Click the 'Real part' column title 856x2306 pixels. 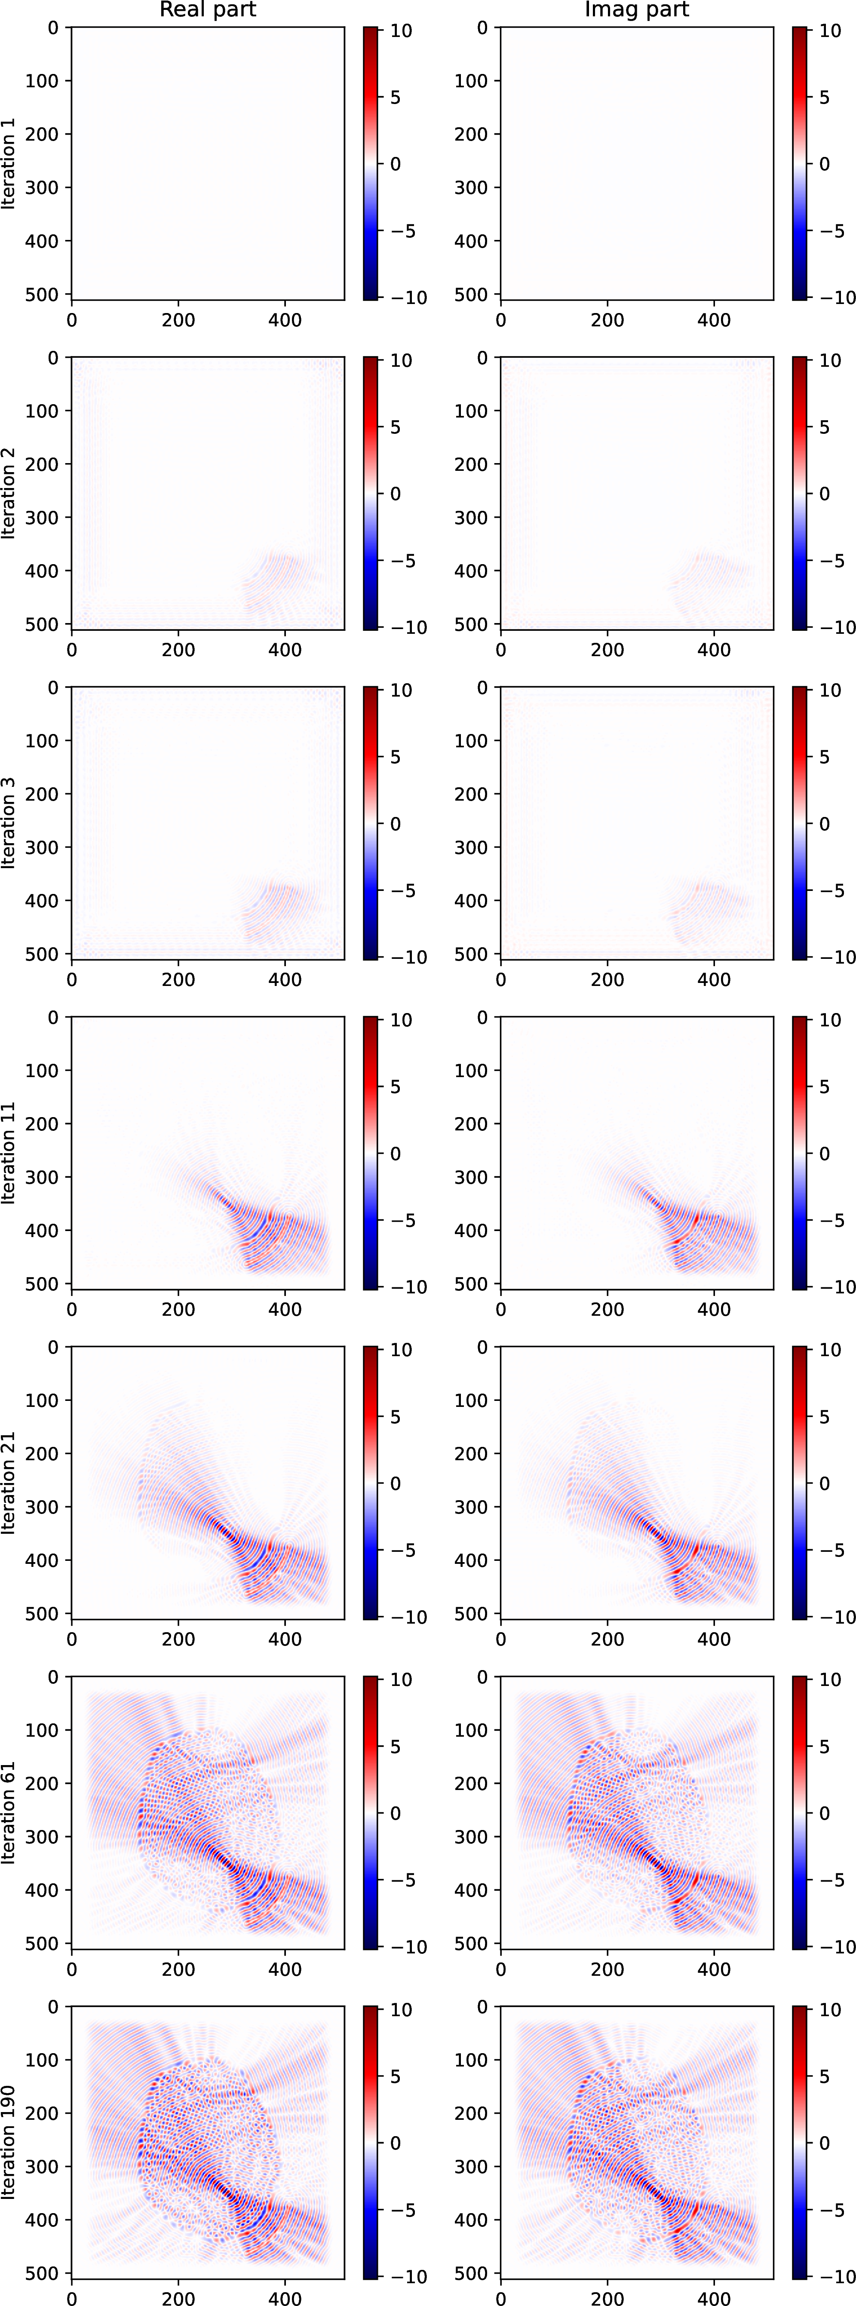(x=208, y=10)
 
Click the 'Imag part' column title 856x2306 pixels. (x=637, y=10)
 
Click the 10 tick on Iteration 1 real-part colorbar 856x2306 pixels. (x=401, y=31)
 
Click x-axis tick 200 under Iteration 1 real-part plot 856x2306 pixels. (x=178, y=319)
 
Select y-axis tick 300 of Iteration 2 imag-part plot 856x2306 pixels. (x=471, y=517)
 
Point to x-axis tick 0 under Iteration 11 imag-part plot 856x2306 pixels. (x=500, y=1309)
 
